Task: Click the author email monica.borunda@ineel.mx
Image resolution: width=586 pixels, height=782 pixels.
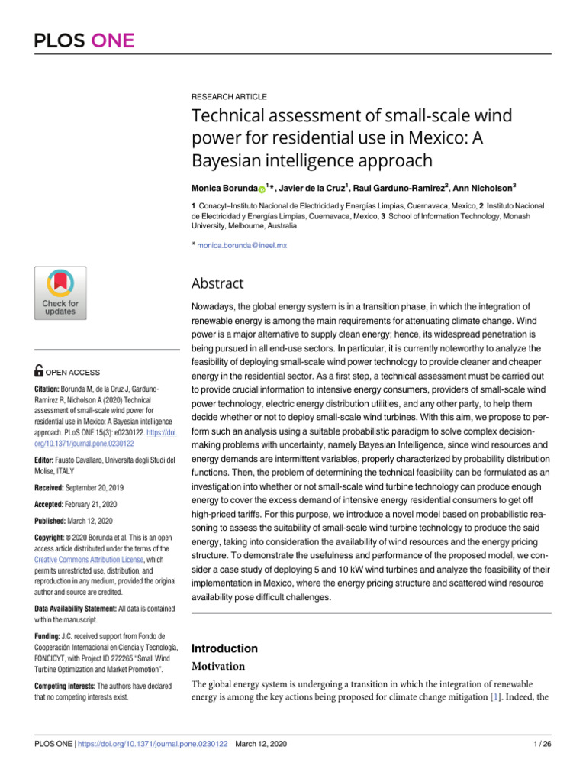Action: [242, 245]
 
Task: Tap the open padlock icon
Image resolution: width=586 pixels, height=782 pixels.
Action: [40, 372]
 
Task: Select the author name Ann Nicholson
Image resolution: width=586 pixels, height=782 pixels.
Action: [485, 186]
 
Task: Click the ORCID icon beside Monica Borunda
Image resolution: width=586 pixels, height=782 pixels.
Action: [262, 187]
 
